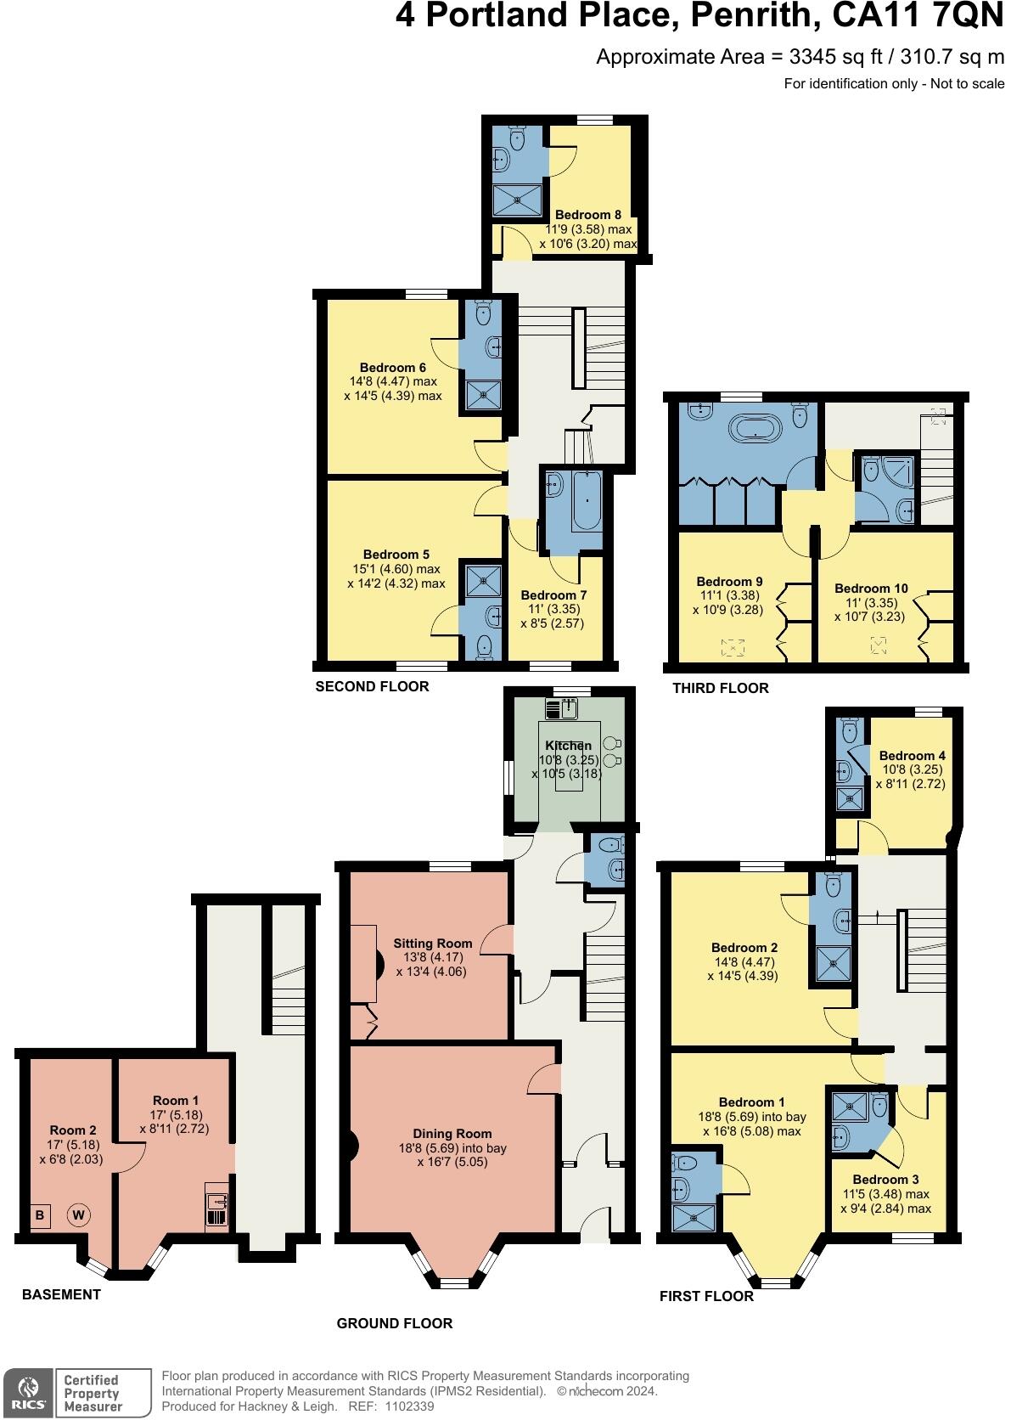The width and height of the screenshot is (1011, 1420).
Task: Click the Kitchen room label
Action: [568, 746]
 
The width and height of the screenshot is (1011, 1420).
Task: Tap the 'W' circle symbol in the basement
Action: [78, 1215]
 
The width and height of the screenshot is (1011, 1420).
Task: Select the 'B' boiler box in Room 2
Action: [39, 1215]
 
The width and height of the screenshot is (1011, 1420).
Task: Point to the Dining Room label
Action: [452, 1134]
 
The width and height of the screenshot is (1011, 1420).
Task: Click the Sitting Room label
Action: [432, 944]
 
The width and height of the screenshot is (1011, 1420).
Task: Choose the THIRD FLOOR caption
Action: [720, 688]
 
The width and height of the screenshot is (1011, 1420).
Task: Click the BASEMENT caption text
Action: [61, 1294]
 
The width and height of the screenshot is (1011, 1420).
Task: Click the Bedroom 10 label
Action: [871, 588]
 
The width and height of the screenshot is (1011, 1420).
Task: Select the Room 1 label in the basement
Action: [176, 1101]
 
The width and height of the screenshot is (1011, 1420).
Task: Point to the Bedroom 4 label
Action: [912, 755]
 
